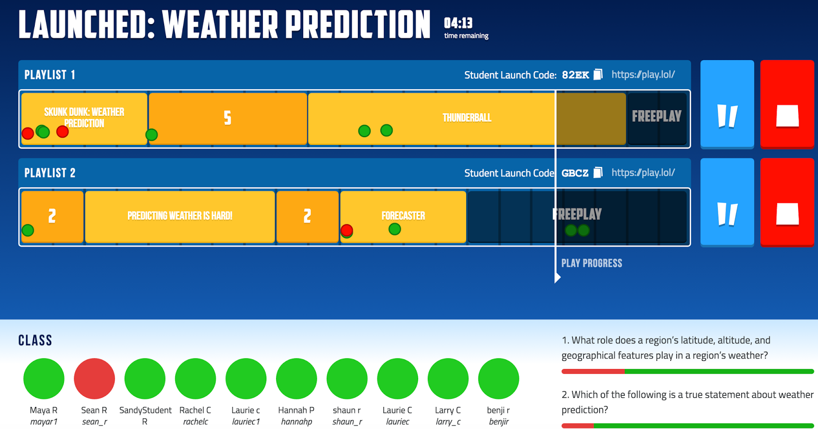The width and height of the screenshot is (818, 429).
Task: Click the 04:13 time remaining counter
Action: coord(458,23)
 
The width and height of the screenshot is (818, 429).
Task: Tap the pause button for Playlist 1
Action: coord(727,104)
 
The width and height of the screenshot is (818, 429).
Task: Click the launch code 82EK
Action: coord(575,75)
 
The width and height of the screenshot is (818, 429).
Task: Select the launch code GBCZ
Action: coord(575,173)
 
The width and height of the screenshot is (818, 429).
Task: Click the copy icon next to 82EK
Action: coord(598,74)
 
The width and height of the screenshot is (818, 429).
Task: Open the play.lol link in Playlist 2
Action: coord(643,173)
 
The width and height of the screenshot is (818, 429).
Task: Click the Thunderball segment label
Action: coord(467,118)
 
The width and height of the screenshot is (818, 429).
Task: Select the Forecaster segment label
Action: coord(403,216)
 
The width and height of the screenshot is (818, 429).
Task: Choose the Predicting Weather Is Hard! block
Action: coord(179,217)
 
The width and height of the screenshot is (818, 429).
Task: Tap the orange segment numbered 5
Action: coord(228,118)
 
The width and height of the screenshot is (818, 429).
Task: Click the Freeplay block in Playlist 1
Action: coord(656,118)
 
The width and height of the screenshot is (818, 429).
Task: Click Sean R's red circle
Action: coord(94,378)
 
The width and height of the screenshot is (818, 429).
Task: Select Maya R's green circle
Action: coord(44,378)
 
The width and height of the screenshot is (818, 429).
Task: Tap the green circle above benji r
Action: coord(498,378)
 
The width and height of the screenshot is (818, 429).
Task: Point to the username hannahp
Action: coord(297,422)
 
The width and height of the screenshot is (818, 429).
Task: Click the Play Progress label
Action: coord(592,263)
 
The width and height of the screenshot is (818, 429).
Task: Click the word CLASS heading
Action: coord(35,340)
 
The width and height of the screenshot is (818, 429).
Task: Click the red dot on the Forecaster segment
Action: coord(347,230)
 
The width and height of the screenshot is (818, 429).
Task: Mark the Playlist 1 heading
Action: coord(50,75)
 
